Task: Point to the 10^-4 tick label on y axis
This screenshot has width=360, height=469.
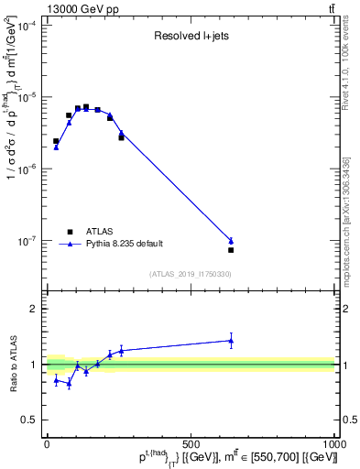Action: coord(28,26)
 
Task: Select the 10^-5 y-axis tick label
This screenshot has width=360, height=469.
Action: coord(28,98)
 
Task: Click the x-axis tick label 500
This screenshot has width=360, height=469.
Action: coord(191,443)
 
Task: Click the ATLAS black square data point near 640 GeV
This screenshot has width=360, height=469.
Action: coord(231,250)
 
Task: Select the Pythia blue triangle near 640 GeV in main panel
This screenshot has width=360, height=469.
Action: coord(231,241)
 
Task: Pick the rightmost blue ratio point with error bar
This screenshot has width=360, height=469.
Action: coord(231,341)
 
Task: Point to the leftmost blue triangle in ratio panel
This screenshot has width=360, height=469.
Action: coord(57,379)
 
